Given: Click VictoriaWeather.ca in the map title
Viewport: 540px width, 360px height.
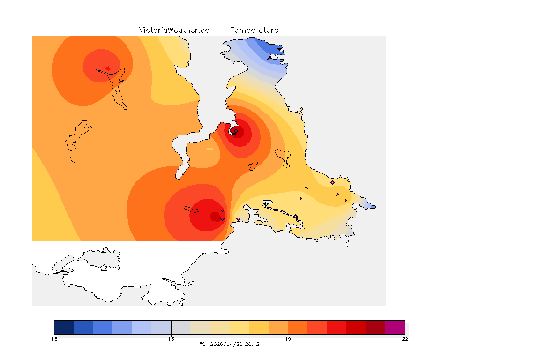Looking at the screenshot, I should (x=174, y=30).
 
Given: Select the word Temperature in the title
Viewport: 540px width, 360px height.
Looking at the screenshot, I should (x=254, y=30).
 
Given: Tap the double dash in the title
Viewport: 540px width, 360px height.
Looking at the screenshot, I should (x=219, y=30).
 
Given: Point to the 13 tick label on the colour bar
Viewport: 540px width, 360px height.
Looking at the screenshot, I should (x=54, y=339).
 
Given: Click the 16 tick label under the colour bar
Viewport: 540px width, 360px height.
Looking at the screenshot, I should (x=171, y=339).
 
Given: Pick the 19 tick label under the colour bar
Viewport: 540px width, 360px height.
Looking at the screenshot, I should (x=288, y=339).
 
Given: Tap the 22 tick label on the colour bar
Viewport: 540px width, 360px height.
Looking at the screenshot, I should (x=405, y=339).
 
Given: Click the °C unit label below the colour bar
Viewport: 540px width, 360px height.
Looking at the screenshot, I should (x=202, y=344).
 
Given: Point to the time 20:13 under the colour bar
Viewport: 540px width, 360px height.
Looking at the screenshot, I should (x=252, y=344).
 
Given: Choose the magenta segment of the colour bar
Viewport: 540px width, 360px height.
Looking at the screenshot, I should (x=395, y=327).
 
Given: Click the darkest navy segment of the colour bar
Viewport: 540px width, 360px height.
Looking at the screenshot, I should (x=64, y=327).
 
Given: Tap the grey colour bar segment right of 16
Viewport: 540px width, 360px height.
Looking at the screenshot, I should (x=181, y=327).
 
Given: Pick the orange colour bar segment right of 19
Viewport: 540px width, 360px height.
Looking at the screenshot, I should (x=298, y=327).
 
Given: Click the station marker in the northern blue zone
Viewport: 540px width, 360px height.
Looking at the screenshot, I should (x=270, y=59).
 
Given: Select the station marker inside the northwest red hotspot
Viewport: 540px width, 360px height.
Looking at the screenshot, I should (x=108, y=68).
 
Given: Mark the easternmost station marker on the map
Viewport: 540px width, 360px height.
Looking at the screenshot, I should (x=374, y=207).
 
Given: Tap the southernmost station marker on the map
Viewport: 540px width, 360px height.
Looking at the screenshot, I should (x=341, y=231).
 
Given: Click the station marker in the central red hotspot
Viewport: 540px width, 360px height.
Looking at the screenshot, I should (x=236, y=131).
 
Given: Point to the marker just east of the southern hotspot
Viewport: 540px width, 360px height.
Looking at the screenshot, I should (x=238, y=218).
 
